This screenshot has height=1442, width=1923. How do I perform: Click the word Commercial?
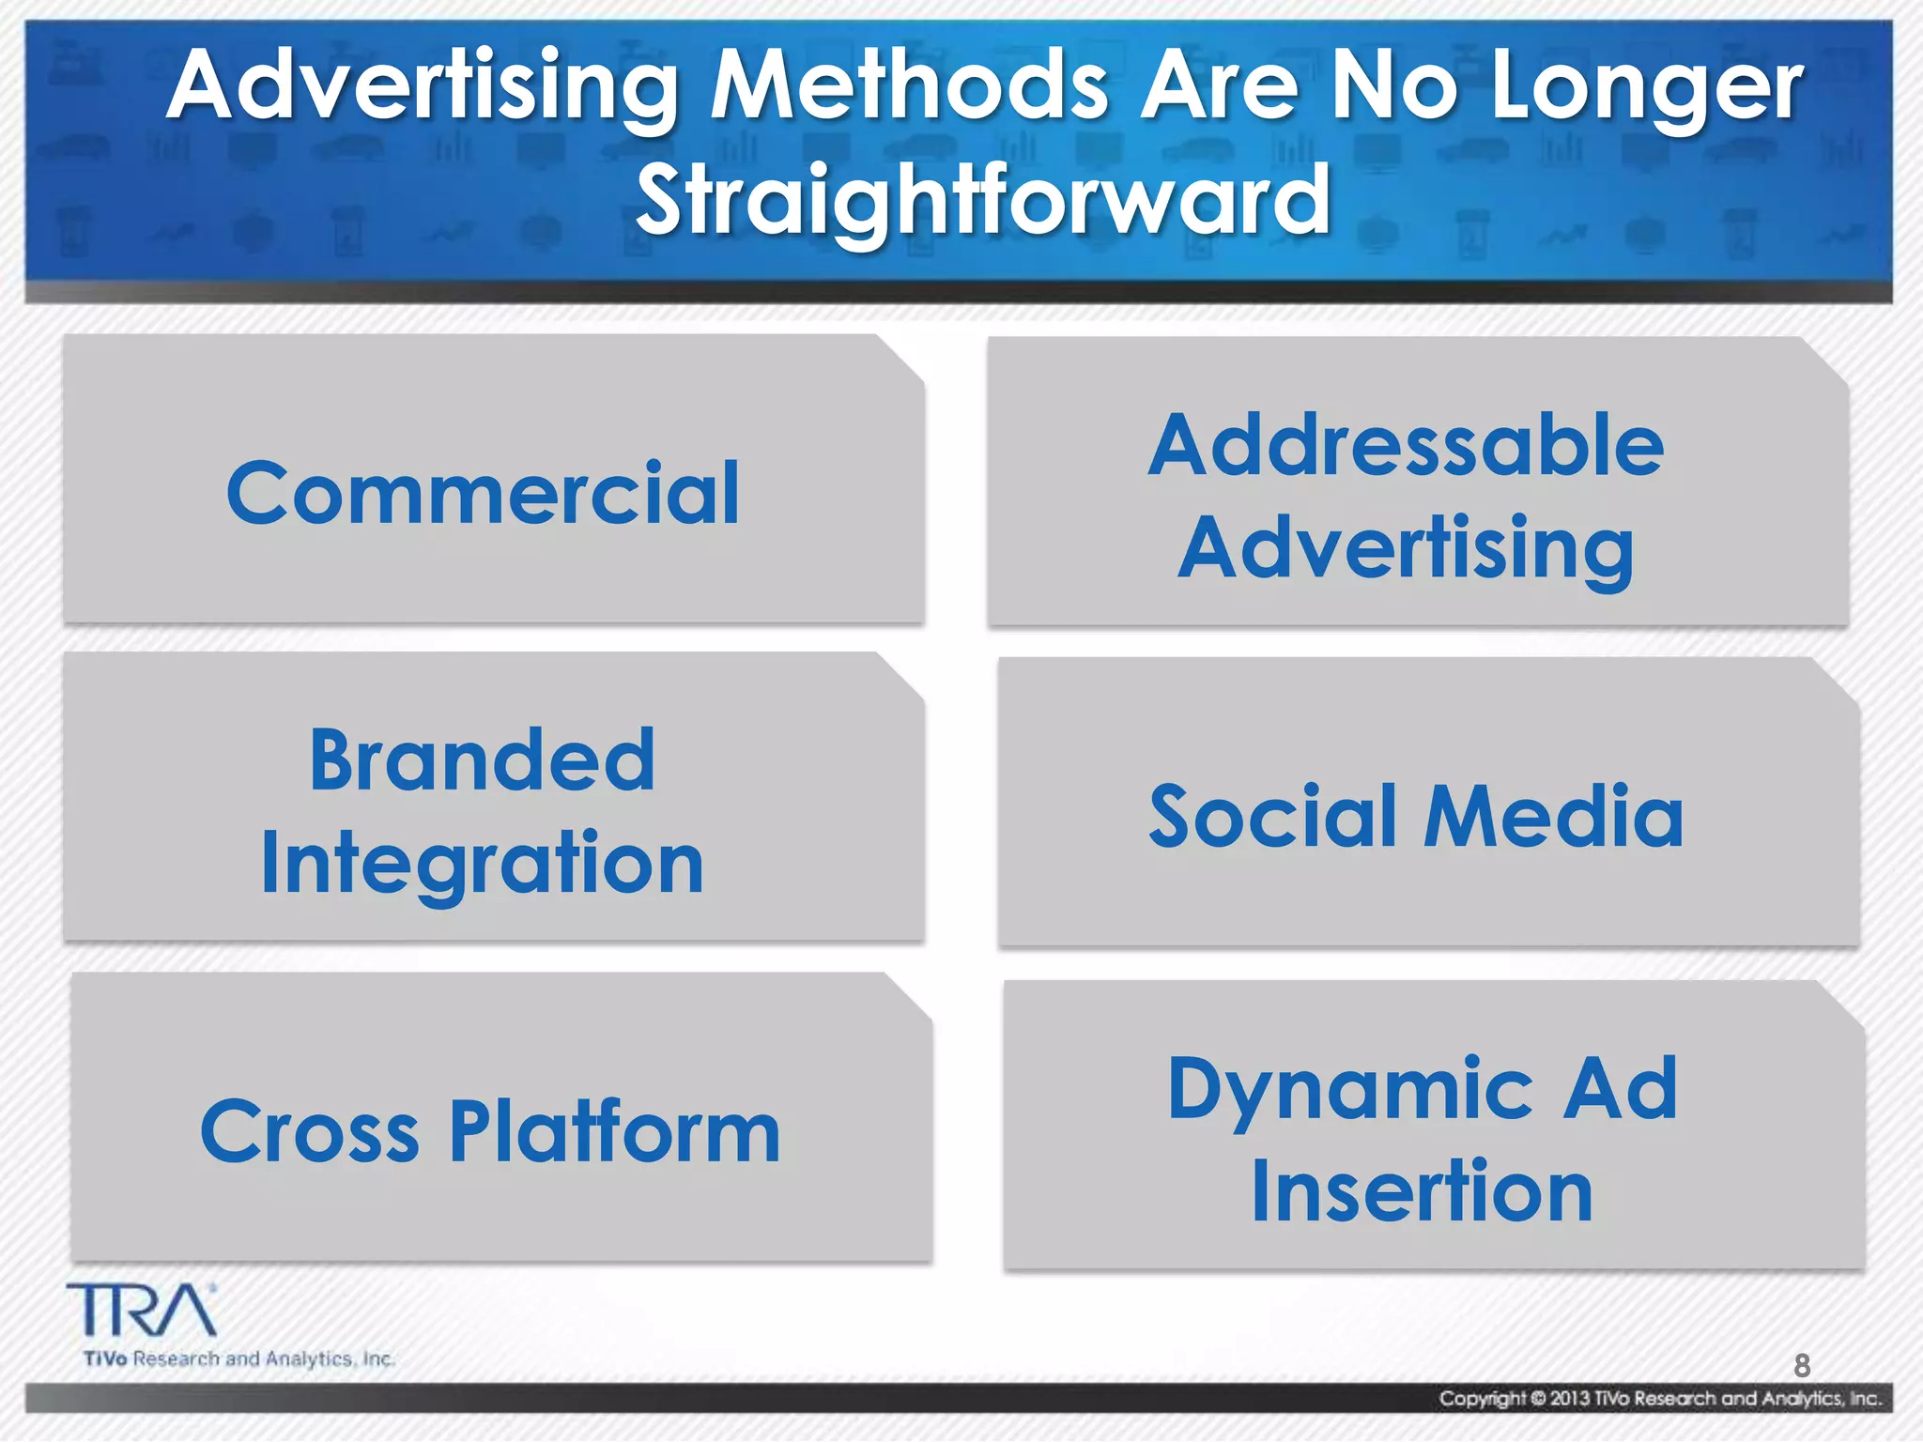pos(483,494)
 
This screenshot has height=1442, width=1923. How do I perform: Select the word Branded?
pos(482,760)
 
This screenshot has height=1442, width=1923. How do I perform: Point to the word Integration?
pos(482,864)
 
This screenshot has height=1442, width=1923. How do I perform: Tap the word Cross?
pos(309,1132)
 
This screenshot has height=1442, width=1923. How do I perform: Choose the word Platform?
pos(615,1132)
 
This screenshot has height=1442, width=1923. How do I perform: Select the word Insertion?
pos(1422,1192)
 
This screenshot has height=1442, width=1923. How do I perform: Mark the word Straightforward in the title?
pos(982,200)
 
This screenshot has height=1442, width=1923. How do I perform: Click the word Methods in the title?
pos(909,86)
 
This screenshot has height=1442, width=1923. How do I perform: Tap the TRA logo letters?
pos(141,1311)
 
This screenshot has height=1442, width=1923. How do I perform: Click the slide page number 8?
pos(1801,1365)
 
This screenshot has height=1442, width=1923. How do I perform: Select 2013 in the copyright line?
pos(1569,1399)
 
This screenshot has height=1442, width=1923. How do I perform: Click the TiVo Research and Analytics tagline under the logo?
pos(239,1359)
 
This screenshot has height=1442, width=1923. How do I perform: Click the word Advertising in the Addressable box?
pos(1406,549)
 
